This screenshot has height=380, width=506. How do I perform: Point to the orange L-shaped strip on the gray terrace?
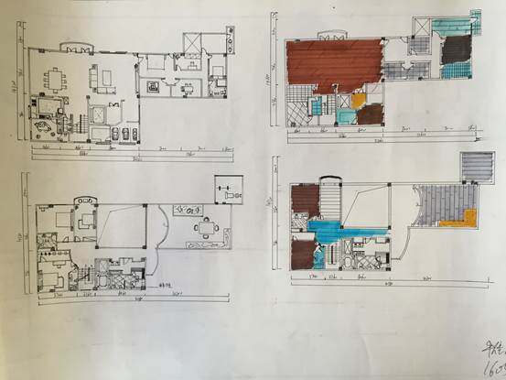click(468, 217)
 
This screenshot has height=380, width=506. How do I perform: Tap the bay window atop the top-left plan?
click(77, 46)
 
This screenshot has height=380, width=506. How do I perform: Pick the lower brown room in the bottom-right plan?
click(303, 248)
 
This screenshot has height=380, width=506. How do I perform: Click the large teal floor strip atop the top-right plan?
click(448, 27)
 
